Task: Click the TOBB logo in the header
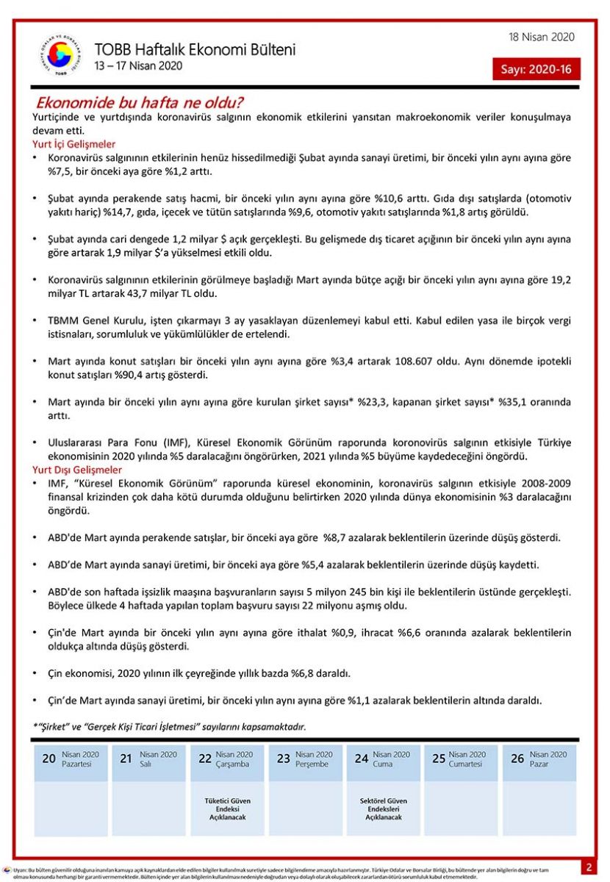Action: pos(60,55)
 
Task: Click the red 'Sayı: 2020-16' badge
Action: pos(537,69)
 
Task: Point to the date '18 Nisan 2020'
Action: pos(542,37)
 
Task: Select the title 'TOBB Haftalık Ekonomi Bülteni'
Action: pos(195,50)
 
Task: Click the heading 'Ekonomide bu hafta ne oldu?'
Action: pos(140,102)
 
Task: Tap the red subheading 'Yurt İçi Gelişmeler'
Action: pos(74,145)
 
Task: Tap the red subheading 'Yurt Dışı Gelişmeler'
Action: pos(77,470)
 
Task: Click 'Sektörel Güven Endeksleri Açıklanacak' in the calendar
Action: pos(383,808)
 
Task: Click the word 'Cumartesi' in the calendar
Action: pos(466,764)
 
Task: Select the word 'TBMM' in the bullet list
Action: pos(62,321)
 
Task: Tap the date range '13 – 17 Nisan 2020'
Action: pos(138,66)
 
